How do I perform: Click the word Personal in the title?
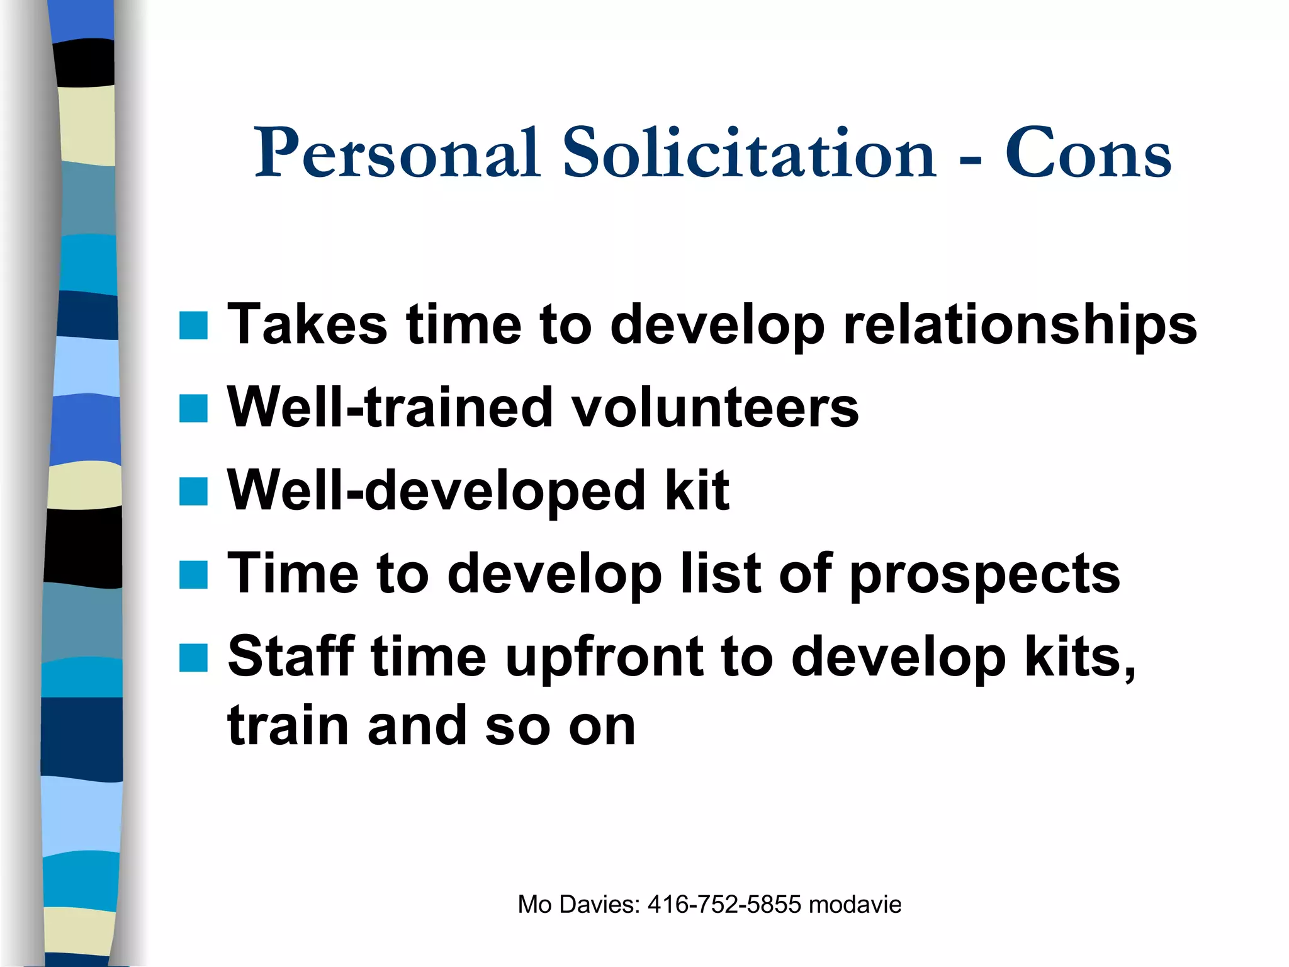(x=397, y=153)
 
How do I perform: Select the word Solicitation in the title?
(x=749, y=153)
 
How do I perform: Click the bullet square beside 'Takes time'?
(x=193, y=325)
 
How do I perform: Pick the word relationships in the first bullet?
(x=1020, y=325)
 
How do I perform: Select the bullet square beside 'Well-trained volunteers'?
(x=193, y=408)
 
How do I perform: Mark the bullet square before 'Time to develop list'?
(x=193, y=575)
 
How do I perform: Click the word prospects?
(x=984, y=575)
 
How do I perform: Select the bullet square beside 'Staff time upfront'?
(x=193, y=658)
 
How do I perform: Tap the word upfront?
(x=604, y=659)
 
